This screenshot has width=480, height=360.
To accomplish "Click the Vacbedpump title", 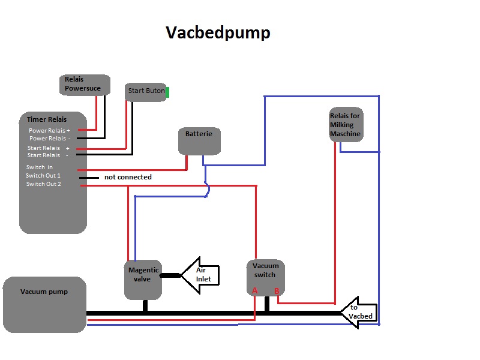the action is coord(218,32).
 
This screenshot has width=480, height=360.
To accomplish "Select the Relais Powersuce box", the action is coord(85,85).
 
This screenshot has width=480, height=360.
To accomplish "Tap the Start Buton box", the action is coord(146,92).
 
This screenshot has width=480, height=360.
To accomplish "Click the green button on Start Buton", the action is coord(167,92).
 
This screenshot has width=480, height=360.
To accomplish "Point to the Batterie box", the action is coord(199,141).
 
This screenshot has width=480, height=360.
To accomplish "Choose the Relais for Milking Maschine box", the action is coord(346,125).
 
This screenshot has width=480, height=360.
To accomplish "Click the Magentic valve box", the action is coord(143,280).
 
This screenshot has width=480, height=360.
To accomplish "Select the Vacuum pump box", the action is coord(44,305).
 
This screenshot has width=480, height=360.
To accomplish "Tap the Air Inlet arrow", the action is coord(200,275).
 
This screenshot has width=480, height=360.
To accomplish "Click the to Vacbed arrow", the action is coord(359,313).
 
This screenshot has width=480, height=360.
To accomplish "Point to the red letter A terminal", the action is coord(254,290).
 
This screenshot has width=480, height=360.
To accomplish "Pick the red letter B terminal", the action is coord(277,291).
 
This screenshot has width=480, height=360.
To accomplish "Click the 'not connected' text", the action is coord(128,177).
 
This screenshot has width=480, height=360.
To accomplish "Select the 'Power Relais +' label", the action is coord(49,130).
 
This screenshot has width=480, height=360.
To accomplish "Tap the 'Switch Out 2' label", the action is coord(43,184).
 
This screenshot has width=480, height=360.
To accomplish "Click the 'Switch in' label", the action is coord(40,167).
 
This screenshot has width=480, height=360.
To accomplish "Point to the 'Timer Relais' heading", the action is coord(47,119).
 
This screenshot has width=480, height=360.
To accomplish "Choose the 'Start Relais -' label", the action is coord(48,155).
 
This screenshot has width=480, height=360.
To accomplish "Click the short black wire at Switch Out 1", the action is coord(89,178).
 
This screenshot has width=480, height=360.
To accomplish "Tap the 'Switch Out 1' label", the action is coord(43,175).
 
